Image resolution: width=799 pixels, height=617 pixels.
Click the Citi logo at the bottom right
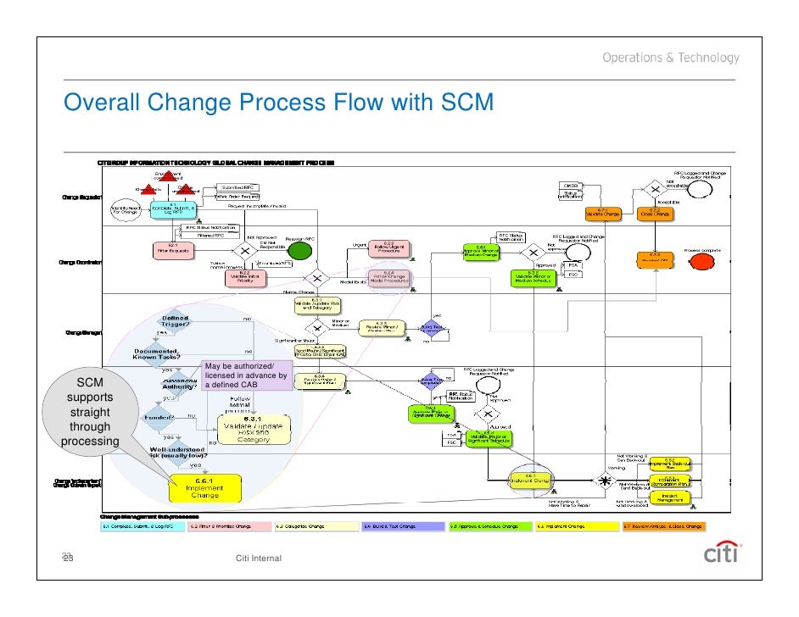722,552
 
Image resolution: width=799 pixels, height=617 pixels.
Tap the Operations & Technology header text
671,58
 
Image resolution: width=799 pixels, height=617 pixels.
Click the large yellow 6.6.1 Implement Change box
204,487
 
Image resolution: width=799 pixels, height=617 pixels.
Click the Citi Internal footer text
261,557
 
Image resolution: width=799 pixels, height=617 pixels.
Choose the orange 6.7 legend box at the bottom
662,526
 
